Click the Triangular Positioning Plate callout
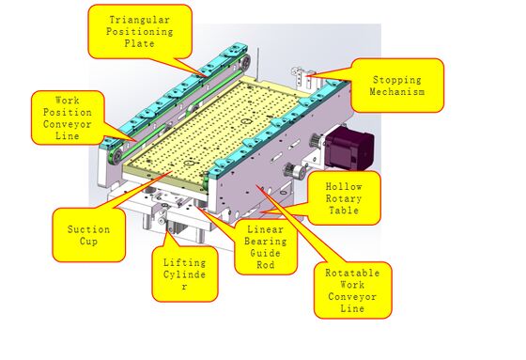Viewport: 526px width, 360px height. (140, 32)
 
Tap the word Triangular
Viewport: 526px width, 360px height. (140, 19)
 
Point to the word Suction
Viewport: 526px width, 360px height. (89, 229)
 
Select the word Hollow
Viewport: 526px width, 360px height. (344, 186)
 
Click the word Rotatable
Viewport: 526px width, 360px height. (351, 272)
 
